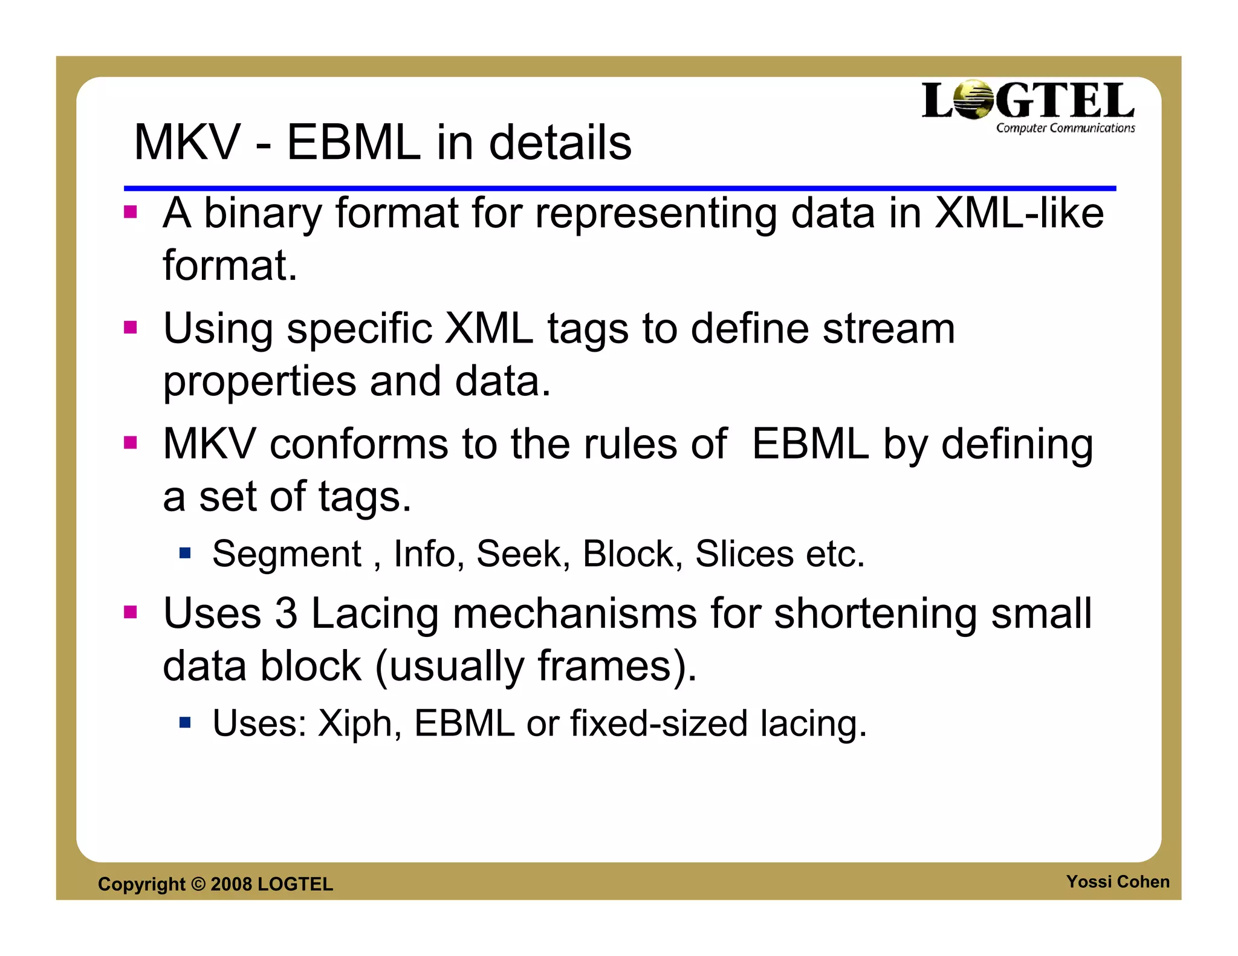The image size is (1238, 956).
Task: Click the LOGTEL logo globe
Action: pos(974,100)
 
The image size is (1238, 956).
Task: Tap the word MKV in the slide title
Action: pos(187,143)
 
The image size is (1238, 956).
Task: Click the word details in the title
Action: pos(560,143)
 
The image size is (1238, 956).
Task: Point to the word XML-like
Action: pos(1019,214)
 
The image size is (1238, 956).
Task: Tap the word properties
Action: pos(260,383)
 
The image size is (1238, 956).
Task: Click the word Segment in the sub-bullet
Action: pos(287,554)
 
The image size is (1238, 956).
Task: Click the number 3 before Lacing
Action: pos(286,614)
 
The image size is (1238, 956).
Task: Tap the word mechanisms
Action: pos(574,614)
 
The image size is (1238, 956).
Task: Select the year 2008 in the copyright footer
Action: pos(231,884)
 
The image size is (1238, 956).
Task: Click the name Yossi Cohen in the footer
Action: pos(1117,882)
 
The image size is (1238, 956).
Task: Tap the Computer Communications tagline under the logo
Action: pos(1065,128)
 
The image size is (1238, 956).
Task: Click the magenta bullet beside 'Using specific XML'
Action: pos(130,328)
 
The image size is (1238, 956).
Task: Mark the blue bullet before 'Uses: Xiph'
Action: pos(185,722)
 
